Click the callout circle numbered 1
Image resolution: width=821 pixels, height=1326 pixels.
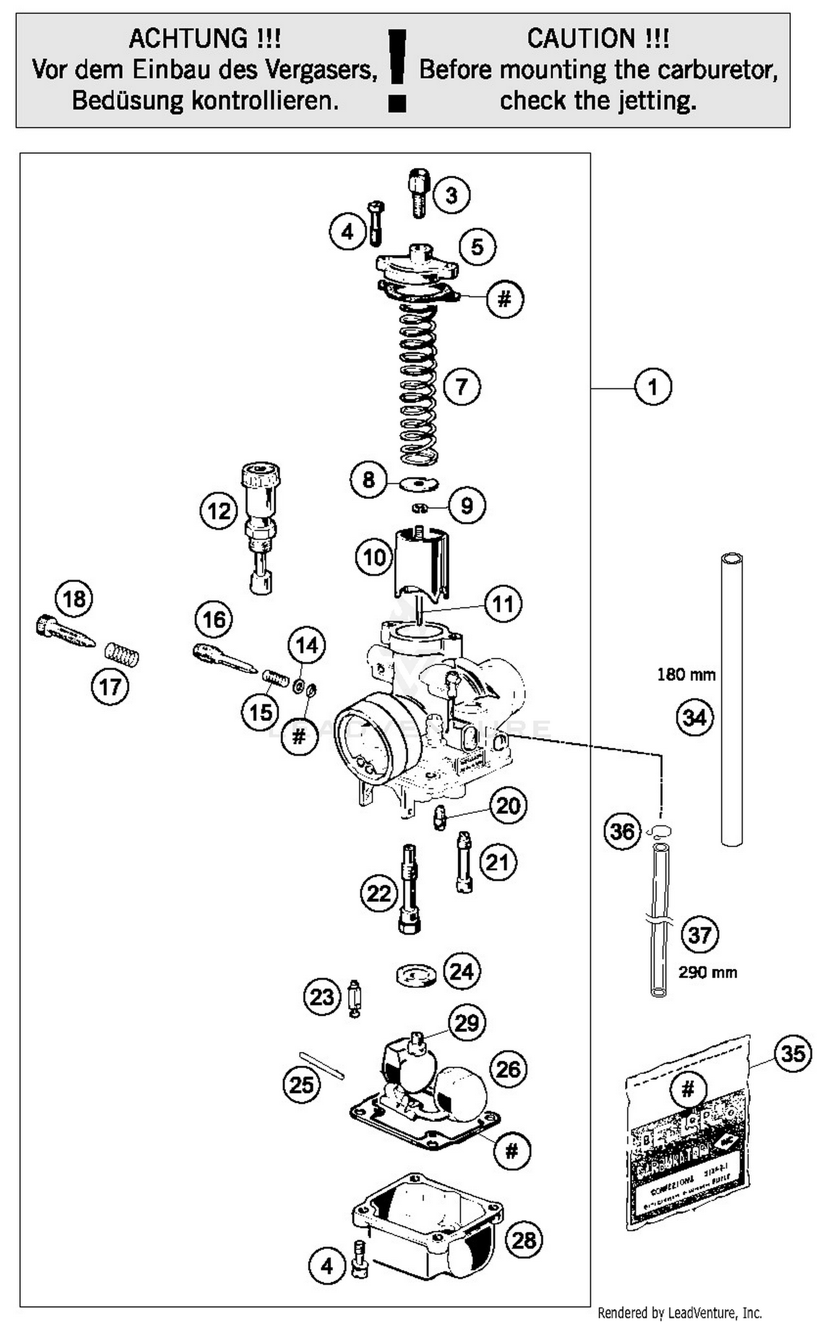pyautogui.click(x=652, y=387)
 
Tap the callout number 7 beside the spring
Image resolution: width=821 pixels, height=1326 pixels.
pyautogui.click(x=462, y=386)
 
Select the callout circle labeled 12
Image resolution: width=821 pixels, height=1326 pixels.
pyautogui.click(x=219, y=511)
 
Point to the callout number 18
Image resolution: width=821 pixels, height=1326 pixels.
pyautogui.click(x=74, y=598)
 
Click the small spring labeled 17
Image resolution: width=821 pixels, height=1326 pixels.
pyautogui.click(x=122, y=654)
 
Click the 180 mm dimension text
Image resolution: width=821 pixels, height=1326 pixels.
pyautogui.click(x=686, y=674)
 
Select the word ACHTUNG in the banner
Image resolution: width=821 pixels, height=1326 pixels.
pyautogui.click(x=205, y=39)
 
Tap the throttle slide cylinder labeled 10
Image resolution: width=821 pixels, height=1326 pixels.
pyautogui.click(x=421, y=561)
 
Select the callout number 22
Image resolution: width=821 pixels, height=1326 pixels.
pyautogui.click(x=379, y=894)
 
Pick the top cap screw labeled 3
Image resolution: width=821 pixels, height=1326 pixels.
pyautogui.click(x=419, y=193)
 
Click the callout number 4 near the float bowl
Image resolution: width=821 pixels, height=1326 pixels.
pyautogui.click(x=327, y=1265)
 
